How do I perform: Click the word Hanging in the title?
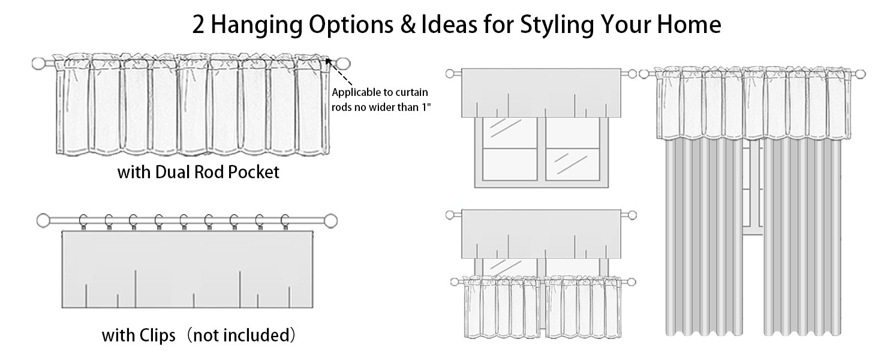(256, 25)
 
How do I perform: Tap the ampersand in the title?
(408, 25)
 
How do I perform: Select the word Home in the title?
(688, 25)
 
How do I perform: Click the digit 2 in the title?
(198, 25)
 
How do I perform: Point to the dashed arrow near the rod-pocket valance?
(339, 72)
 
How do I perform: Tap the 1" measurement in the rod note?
(426, 107)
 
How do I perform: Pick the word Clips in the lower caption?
(157, 336)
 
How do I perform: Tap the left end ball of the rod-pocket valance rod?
(38, 64)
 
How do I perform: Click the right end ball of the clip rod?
(331, 221)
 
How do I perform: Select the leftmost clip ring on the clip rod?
(83, 221)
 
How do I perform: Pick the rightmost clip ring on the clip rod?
(285, 221)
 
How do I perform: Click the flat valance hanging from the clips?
(187, 269)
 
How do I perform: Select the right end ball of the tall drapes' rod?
(861, 74)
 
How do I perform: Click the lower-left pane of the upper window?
(510, 164)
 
